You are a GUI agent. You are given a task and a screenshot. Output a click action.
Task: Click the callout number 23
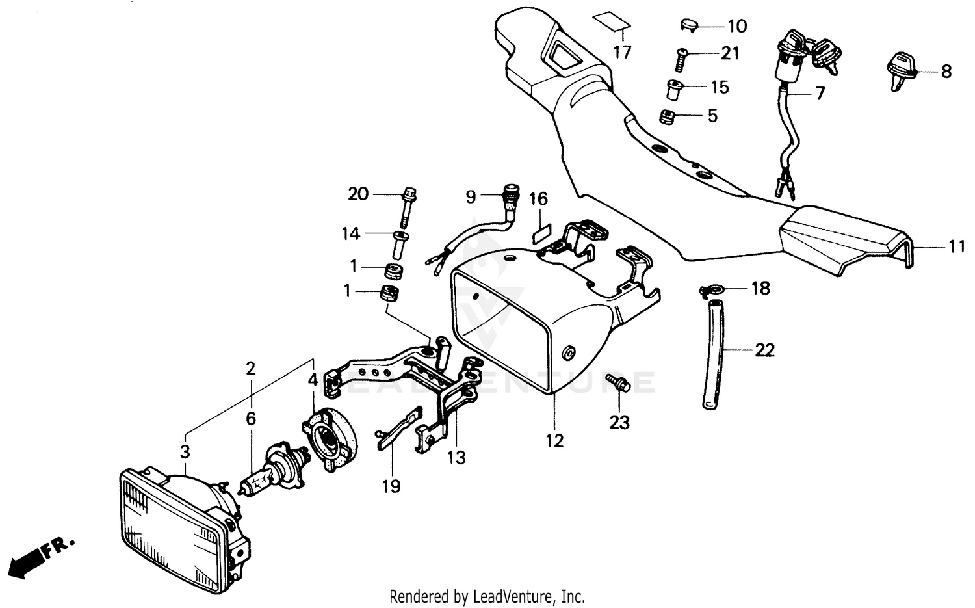619,423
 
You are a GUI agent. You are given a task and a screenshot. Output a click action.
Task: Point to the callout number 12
554,441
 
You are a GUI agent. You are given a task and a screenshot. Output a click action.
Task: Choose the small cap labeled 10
688,25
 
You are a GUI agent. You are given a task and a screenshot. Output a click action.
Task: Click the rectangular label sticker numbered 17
612,23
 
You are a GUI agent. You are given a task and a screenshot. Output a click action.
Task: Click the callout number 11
956,247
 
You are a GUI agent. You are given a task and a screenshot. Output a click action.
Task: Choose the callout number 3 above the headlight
185,451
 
